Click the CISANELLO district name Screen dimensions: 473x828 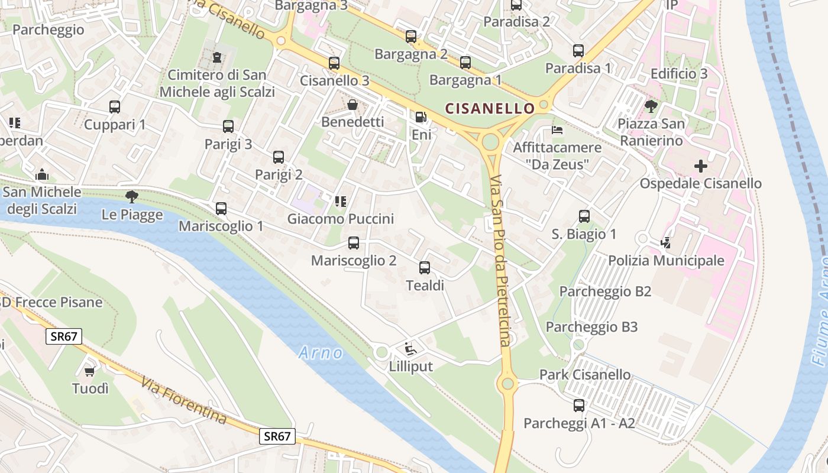(x=490, y=108)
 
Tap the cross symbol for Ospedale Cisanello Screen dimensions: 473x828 (x=701, y=166)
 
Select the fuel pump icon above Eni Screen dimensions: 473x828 (x=421, y=118)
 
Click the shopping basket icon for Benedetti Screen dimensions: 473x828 (x=352, y=105)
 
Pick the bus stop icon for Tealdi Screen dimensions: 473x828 (x=425, y=268)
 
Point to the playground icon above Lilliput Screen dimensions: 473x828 (x=410, y=349)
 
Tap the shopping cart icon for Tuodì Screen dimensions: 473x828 (x=90, y=371)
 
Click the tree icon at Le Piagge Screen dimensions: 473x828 (x=131, y=197)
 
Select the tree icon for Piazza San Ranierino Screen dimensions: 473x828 (x=651, y=106)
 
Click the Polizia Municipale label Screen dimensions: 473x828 (x=666, y=261)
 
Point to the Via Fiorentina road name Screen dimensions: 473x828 (x=184, y=401)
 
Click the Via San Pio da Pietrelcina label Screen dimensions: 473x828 (x=500, y=260)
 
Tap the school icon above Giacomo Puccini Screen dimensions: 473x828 (x=340, y=202)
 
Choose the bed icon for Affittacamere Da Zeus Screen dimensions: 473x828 (x=557, y=129)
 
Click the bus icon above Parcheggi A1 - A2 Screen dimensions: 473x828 (x=579, y=406)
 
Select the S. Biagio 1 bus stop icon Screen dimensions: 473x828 (x=584, y=216)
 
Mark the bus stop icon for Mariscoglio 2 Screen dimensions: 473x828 (x=354, y=243)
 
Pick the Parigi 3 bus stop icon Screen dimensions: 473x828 (x=228, y=127)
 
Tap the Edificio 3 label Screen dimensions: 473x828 (x=679, y=74)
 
